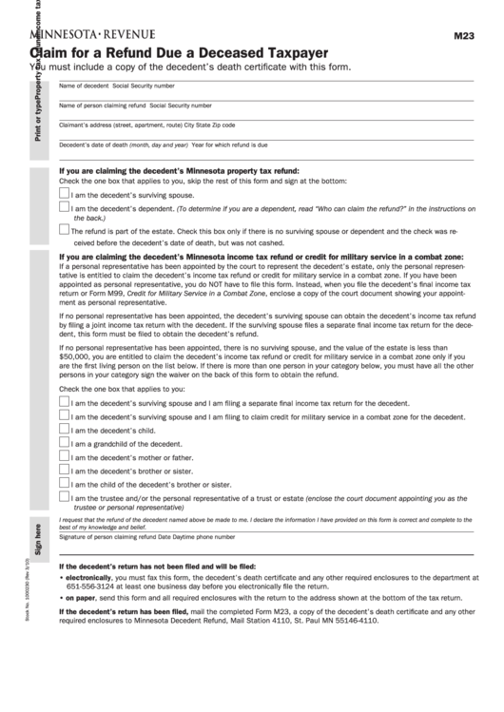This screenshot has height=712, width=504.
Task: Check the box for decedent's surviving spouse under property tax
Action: (x=64, y=192)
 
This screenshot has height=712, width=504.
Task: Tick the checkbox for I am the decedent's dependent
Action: (x=64, y=207)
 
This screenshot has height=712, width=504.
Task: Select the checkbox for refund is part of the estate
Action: (x=64, y=228)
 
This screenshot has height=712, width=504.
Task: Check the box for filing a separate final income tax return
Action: (x=64, y=401)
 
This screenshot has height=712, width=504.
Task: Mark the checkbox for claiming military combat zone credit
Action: (x=64, y=415)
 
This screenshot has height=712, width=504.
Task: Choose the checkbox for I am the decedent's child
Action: (x=64, y=429)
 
